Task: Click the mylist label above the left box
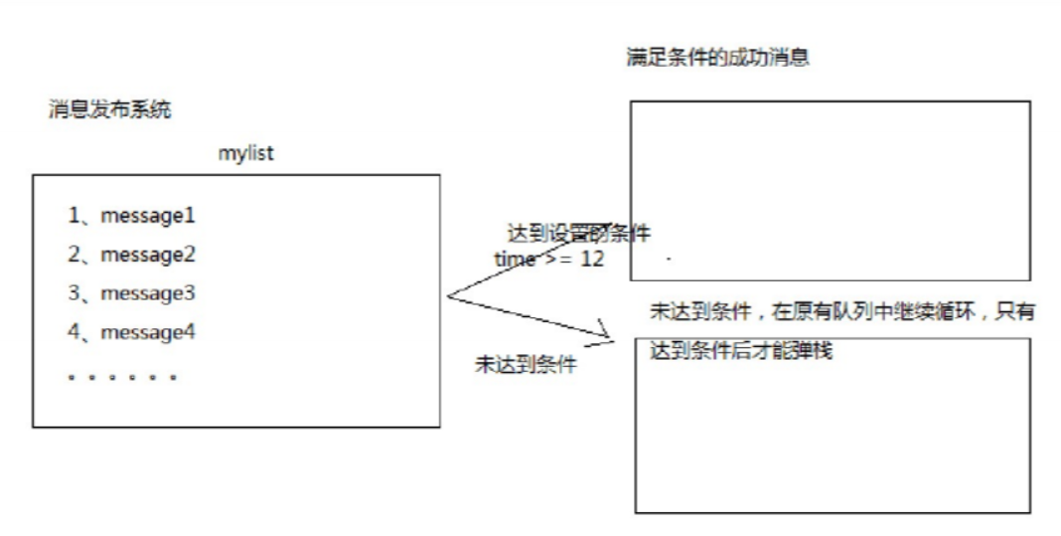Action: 245,154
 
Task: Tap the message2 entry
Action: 148,255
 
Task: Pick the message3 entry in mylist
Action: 148,294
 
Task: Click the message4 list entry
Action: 148,333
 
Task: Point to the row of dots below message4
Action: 122,378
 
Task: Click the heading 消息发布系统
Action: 110,109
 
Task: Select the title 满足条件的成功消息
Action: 717,58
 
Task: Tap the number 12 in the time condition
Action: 593,259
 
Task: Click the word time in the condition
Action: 516,259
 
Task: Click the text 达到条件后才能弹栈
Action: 739,351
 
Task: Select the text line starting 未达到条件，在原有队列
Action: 842,312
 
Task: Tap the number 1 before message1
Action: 74,215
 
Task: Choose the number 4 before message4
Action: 74,333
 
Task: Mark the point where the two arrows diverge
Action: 449,295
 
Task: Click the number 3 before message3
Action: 74,294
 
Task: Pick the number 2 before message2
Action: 74,255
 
